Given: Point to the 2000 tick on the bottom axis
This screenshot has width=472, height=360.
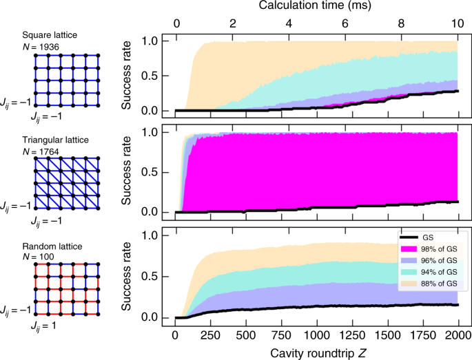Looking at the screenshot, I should click(x=457, y=335).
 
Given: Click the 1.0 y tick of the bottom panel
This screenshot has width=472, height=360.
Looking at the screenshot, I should click(x=160, y=235).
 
